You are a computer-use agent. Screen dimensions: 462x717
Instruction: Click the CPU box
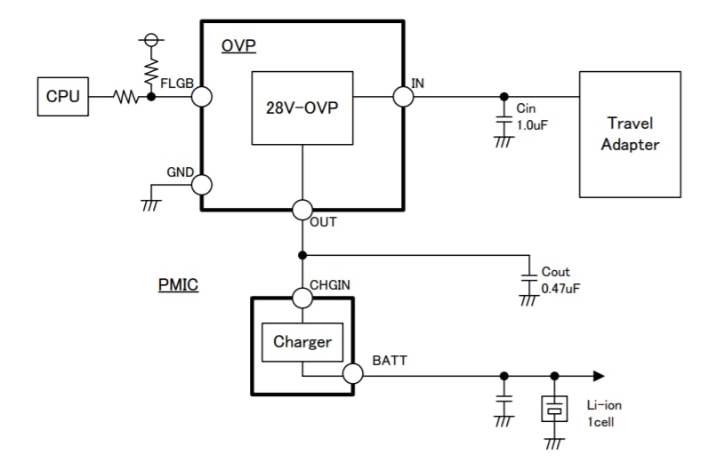(x=62, y=97)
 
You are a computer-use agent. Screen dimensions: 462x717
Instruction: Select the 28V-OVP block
(x=303, y=108)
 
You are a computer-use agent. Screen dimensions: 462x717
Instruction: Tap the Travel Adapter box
(x=630, y=133)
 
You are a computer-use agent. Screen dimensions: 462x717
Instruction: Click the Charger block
(x=302, y=342)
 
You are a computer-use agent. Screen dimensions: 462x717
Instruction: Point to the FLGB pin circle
(x=202, y=97)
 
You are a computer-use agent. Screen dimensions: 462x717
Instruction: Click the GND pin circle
(x=202, y=184)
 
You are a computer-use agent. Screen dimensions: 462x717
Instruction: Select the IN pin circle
(x=403, y=96)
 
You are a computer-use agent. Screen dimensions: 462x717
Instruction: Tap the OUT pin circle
(x=302, y=211)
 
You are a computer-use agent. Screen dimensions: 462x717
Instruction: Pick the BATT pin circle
(x=353, y=375)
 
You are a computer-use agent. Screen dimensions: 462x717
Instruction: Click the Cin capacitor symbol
(x=504, y=119)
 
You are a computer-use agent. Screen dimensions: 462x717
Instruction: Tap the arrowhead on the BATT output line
(x=600, y=375)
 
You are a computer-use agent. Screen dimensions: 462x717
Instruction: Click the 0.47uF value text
(x=560, y=289)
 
